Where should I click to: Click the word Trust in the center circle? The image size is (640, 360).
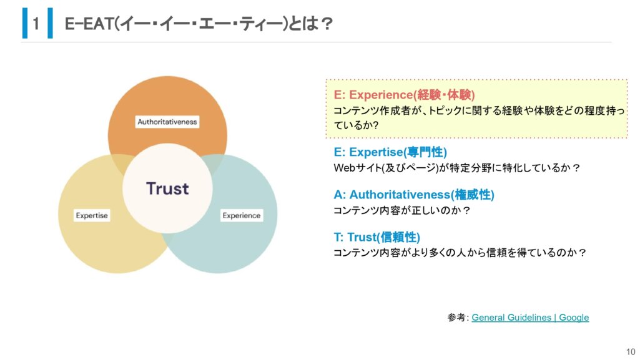click(x=167, y=188)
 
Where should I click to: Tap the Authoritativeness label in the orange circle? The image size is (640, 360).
click(x=167, y=122)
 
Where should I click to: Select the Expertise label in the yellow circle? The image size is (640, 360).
click(x=92, y=215)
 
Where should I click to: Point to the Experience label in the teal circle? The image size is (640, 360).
click(x=242, y=215)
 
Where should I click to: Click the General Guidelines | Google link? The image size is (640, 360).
click(x=530, y=317)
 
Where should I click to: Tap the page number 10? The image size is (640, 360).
click(x=631, y=351)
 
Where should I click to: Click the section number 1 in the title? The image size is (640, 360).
click(x=36, y=24)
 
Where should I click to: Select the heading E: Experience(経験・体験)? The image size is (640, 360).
click(x=404, y=95)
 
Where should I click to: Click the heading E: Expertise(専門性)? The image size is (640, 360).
click(x=390, y=152)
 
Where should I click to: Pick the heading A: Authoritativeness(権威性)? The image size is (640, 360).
click(x=414, y=195)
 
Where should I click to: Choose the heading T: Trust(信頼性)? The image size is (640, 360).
click(x=377, y=237)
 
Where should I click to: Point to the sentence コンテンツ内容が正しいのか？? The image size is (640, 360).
click(x=402, y=210)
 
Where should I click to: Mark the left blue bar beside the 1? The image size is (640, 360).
click(x=25, y=23)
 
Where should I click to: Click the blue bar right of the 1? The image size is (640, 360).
click(x=50, y=23)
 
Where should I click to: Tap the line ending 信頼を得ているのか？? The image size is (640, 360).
click(x=460, y=253)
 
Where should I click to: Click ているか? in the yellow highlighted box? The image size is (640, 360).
click(x=357, y=125)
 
